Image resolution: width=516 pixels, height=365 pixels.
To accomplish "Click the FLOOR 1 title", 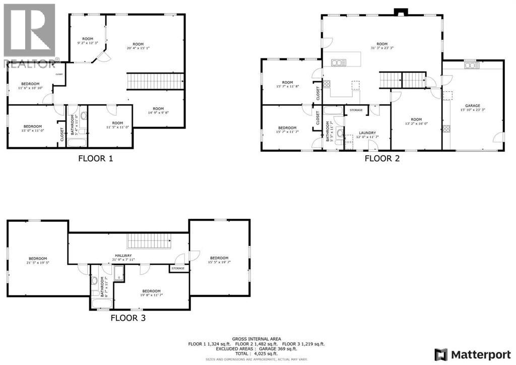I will [95, 158].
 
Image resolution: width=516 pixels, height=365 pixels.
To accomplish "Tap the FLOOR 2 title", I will [385, 158].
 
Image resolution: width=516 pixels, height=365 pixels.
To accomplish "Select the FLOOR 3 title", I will [128, 318].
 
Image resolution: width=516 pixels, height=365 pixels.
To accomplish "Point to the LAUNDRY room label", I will [367, 133].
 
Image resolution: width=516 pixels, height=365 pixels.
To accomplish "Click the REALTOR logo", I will [29, 35].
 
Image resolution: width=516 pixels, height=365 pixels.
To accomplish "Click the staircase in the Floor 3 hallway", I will [150, 241].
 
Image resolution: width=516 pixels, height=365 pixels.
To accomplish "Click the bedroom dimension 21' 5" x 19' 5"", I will [38, 262].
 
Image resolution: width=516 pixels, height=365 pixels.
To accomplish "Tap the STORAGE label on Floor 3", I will [178, 269].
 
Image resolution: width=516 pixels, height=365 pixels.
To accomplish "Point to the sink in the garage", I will [471, 65].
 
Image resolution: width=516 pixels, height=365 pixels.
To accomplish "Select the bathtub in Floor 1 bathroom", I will [77, 142].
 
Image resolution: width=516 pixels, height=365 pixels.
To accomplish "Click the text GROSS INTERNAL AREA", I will [257, 339].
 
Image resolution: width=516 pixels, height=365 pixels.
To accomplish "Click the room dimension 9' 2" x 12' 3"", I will [88, 43].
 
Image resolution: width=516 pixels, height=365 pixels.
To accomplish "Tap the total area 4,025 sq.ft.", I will [257, 353].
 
